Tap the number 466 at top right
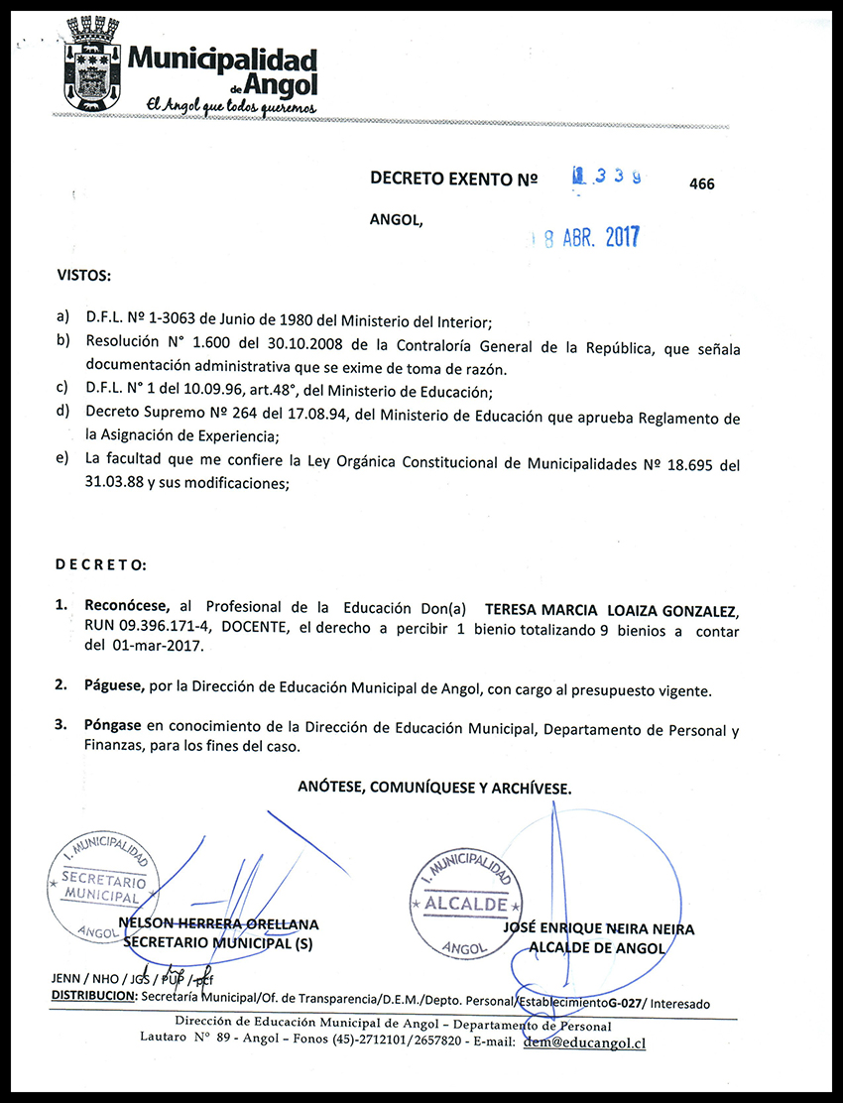pyautogui.click(x=701, y=184)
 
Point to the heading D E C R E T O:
pyautogui.click(x=100, y=564)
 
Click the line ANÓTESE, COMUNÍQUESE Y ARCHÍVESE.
pyautogui.click(x=434, y=788)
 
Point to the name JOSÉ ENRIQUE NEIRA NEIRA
pyautogui.click(x=599, y=929)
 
